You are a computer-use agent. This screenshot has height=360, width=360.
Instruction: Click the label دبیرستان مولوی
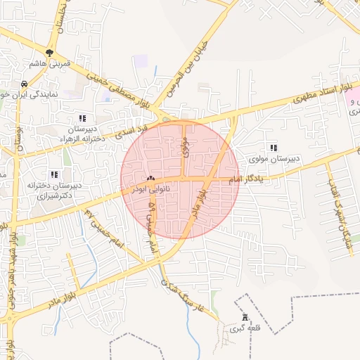[273, 159]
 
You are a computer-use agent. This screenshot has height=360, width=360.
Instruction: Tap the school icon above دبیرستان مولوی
[273, 148]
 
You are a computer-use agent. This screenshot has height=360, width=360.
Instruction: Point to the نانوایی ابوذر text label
[150, 190]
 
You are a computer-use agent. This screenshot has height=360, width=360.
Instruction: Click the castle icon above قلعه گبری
[244, 317]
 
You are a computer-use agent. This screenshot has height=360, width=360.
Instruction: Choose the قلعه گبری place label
[244, 328]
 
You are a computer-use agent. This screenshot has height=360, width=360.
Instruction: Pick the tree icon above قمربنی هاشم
[49, 52]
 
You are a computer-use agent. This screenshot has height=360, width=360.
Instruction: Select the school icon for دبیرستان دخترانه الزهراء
[82, 118]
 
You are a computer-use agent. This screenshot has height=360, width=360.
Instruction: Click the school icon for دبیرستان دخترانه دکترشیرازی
[54, 174]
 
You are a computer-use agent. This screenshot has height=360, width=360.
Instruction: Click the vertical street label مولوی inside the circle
[185, 146]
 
